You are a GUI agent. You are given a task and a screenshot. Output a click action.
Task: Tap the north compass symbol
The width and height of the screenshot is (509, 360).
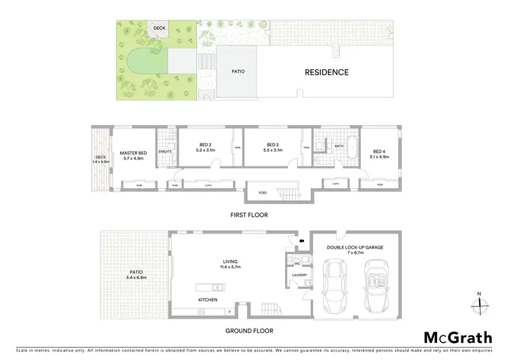(479, 303)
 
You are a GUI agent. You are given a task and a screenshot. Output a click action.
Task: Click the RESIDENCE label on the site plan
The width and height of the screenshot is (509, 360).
(326, 72)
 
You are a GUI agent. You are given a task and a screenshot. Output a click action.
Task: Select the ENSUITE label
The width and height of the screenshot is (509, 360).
(165, 151)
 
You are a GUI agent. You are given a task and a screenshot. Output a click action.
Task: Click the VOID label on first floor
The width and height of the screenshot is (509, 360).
(262, 192)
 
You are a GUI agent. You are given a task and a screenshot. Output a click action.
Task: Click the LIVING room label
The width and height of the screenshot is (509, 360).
(229, 262)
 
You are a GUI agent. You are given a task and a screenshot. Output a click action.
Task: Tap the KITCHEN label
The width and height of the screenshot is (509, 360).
(208, 299)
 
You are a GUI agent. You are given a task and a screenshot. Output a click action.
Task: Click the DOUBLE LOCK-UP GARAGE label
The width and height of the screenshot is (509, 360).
(355, 249)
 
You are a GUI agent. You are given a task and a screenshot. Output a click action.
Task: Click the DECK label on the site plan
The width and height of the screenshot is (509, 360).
(159, 28)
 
